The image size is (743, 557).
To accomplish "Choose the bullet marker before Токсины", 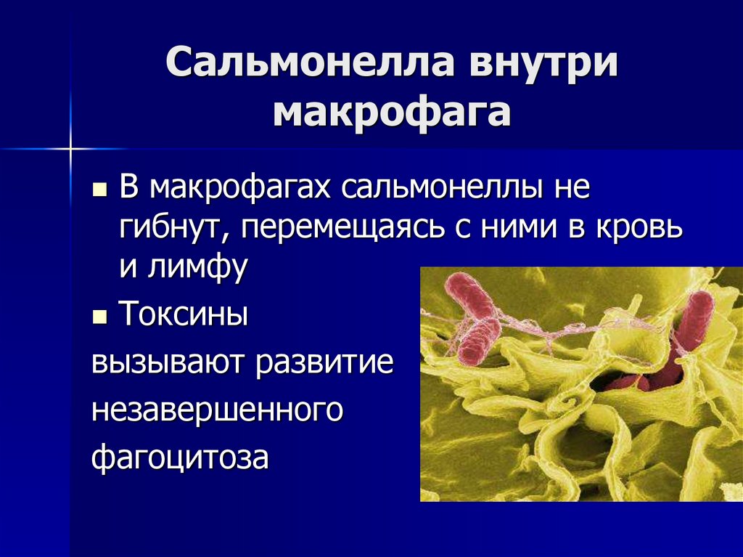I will point(99,318).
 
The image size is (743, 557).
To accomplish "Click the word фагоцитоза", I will point(181,458).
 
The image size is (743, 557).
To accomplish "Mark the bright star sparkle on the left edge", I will point(71,148).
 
